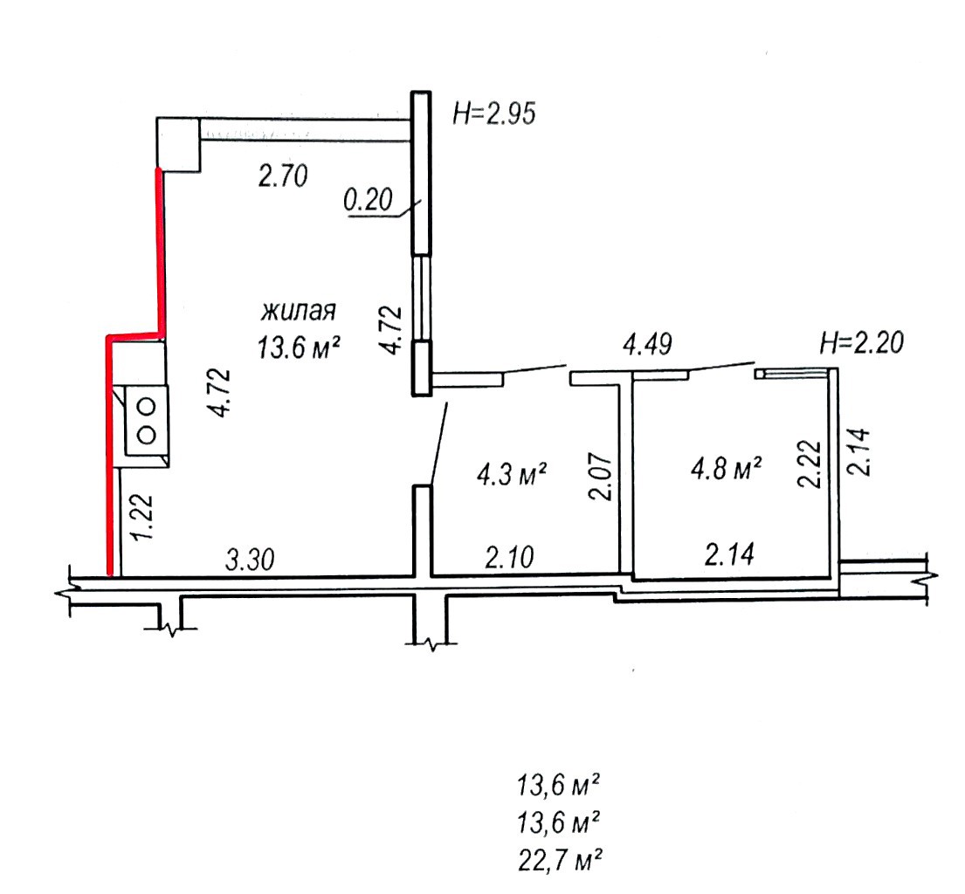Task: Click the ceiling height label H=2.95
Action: pyautogui.click(x=494, y=114)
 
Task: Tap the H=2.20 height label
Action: pyautogui.click(x=862, y=342)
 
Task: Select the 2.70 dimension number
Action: pyautogui.click(x=282, y=177)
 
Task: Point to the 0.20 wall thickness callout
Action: pyautogui.click(x=368, y=201)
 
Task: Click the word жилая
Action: pyautogui.click(x=299, y=312)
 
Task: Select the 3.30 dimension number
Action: pyautogui.click(x=249, y=560)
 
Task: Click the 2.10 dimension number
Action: pyautogui.click(x=509, y=558)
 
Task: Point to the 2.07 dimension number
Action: pyautogui.click(x=602, y=478)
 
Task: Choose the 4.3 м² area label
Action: pyautogui.click(x=512, y=475)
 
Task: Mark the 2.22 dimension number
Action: pyautogui.click(x=809, y=464)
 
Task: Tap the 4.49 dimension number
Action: pyautogui.click(x=647, y=345)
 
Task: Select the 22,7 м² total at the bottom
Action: pyautogui.click(x=560, y=860)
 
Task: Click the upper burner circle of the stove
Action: pyautogui.click(x=147, y=406)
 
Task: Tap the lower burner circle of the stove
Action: pyautogui.click(x=147, y=435)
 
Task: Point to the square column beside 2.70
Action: pyautogui.click(x=178, y=145)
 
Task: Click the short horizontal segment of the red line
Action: pyautogui.click(x=135, y=335)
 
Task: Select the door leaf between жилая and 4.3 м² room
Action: pyautogui.click(x=439, y=444)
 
